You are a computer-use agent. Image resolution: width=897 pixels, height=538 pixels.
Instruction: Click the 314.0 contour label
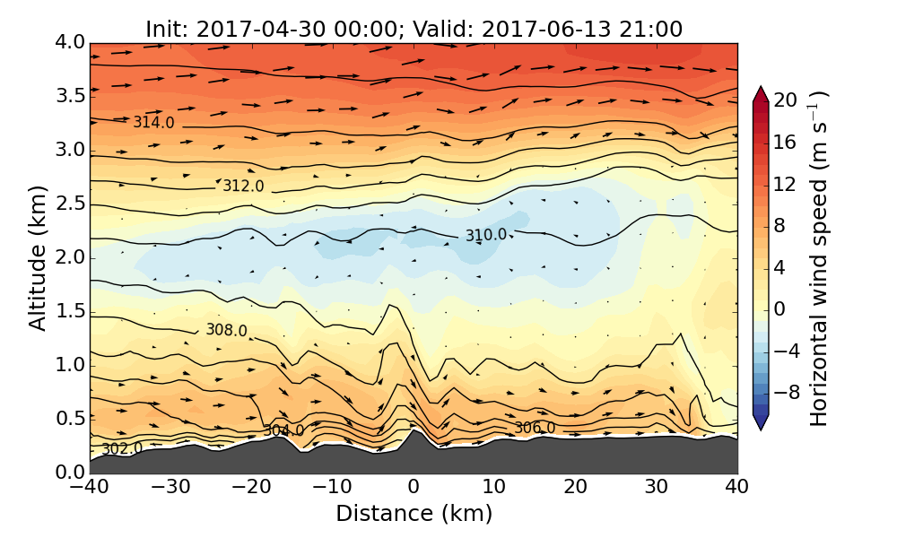coord(153,123)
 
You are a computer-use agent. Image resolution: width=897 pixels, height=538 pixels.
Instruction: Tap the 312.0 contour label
coord(243,187)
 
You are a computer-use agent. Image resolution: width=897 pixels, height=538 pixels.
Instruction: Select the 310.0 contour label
coord(485,236)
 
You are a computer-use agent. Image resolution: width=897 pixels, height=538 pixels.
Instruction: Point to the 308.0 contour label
coord(226,330)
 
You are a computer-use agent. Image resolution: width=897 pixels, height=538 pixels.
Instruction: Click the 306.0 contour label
coord(534,429)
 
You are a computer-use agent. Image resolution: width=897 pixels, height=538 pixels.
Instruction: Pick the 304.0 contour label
coord(283,431)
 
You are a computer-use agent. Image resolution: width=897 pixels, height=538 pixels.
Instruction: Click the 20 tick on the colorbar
coord(786,100)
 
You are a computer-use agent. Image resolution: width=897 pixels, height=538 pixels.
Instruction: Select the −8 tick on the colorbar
coord(786,392)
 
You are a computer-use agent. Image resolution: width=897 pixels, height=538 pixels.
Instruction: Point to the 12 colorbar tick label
coord(786,184)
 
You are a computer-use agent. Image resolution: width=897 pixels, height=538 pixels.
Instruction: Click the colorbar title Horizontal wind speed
coord(819,258)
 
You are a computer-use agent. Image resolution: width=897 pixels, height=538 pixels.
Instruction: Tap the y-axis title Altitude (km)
coord(38,258)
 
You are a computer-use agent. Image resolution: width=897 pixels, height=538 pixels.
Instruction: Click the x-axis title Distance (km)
coord(414,514)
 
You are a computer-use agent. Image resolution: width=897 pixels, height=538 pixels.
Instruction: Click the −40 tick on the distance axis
coord(91,488)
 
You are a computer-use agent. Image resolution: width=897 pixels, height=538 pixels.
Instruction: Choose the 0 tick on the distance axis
coord(414,488)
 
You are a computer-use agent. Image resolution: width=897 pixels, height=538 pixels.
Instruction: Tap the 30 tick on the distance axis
coord(657,488)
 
